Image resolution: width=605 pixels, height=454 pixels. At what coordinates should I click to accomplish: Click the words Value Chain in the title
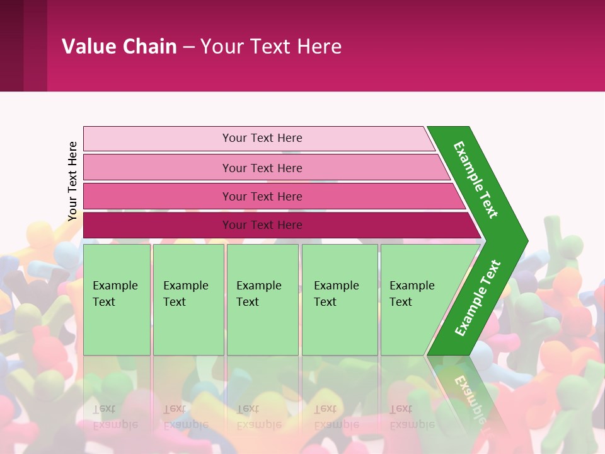pyautogui.click(x=119, y=46)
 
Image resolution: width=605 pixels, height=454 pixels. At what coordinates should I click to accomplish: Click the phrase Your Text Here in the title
pyautogui.click(x=271, y=46)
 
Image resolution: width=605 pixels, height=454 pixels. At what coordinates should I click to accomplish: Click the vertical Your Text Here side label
pyautogui.click(x=72, y=181)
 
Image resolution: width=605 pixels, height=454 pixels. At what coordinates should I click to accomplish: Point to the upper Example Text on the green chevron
pyautogui.click(x=476, y=180)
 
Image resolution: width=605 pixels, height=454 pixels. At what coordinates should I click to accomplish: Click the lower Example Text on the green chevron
pyautogui.click(x=478, y=298)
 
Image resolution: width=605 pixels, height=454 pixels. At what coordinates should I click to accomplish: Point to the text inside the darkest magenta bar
pyautogui.click(x=262, y=225)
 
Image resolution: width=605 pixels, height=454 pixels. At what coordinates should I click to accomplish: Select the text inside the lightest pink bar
pyautogui.click(x=262, y=138)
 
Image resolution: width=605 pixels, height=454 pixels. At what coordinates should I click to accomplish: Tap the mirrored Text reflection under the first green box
pyautogui.click(x=104, y=409)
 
